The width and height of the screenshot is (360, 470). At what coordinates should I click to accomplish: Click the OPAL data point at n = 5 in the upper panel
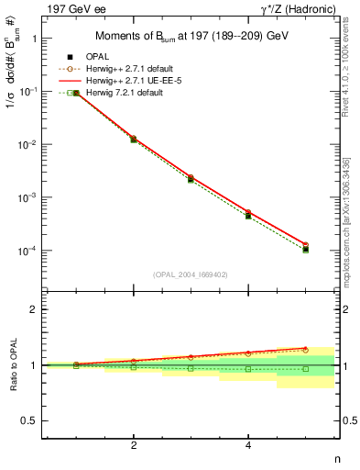(x=305, y=249)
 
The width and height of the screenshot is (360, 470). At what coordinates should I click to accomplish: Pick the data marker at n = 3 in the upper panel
(x=191, y=179)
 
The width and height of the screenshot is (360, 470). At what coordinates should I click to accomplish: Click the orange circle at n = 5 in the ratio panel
(x=305, y=350)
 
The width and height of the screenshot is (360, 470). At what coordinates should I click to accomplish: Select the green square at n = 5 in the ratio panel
(x=305, y=369)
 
